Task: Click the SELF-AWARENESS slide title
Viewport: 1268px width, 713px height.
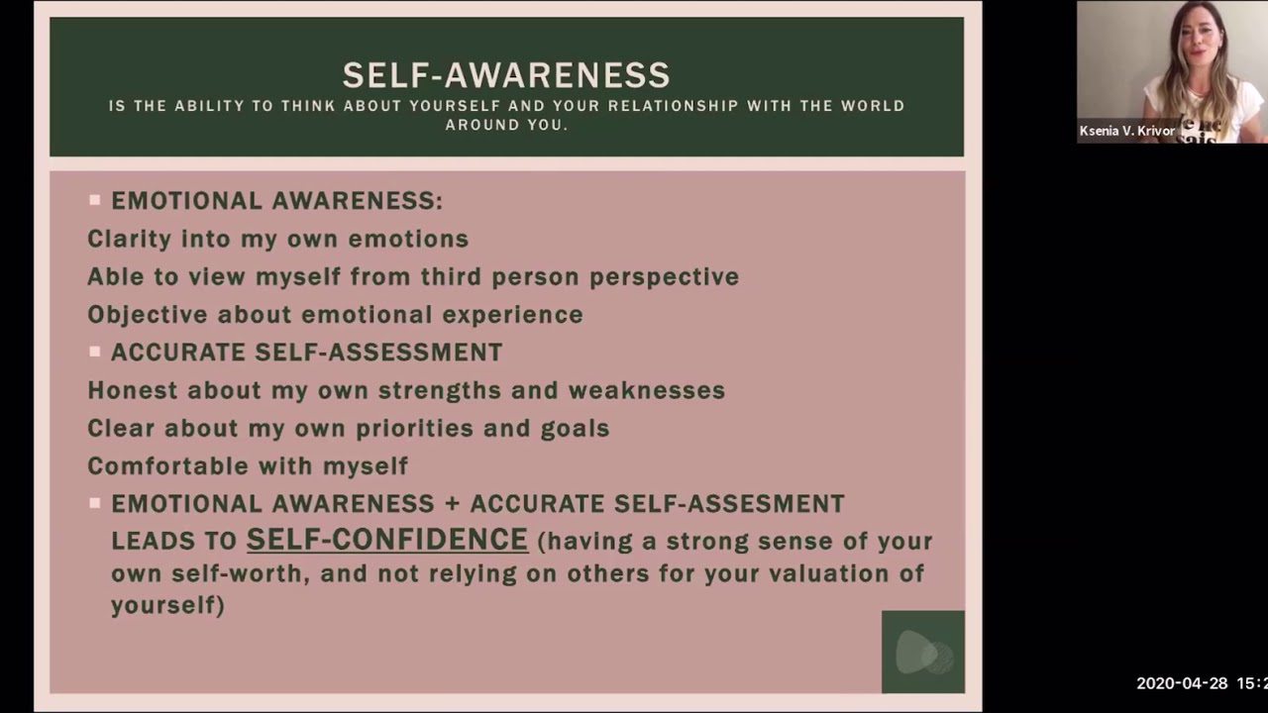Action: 506,75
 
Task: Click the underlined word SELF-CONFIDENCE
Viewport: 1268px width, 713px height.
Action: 386,540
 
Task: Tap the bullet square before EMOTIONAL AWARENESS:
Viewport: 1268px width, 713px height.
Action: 95,200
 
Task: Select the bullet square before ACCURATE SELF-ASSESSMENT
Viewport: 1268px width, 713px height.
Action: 95,352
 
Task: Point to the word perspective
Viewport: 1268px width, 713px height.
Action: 664,277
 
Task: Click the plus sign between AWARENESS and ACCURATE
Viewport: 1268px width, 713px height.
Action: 453,504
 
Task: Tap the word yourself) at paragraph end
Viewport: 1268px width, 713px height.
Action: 167,605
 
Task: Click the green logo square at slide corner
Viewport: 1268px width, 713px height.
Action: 922,652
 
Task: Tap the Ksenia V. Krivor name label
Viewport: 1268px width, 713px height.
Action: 1127,131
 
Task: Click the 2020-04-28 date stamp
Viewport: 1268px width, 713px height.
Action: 1181,683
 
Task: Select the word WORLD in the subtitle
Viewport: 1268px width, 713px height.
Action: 872,106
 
